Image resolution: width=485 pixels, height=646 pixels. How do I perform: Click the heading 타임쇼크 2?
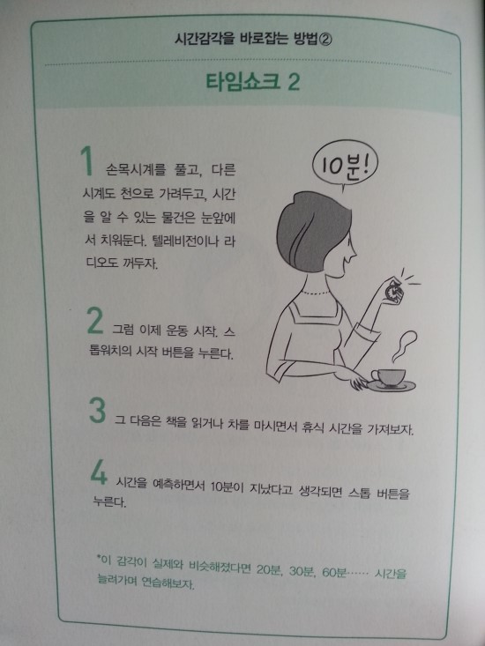click(252, 82)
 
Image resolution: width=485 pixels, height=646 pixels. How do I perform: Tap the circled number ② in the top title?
click(325, 40)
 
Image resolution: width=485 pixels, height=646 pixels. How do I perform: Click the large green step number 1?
click(86, 161)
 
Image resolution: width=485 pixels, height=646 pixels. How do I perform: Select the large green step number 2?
click(95, 321)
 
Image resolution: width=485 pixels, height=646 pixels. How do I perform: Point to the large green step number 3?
click(98, 411)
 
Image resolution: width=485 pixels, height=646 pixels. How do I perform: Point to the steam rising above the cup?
click(404, 345)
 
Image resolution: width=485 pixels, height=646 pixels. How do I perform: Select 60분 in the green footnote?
click(334, 573)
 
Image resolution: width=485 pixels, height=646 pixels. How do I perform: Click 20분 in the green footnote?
click(269, 571)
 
